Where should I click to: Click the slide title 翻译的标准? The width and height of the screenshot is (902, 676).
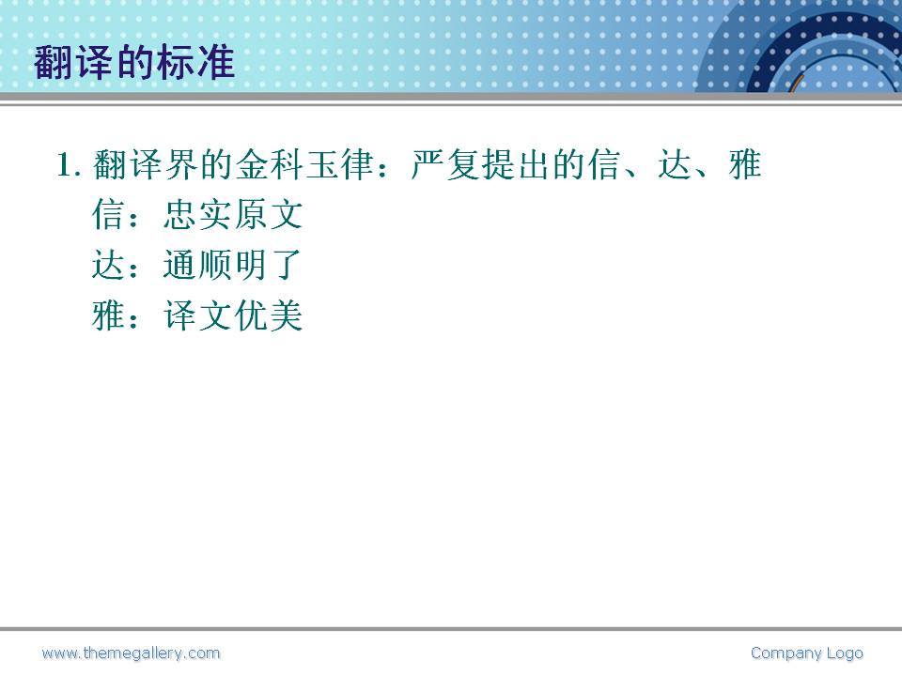click(x=134, y=62)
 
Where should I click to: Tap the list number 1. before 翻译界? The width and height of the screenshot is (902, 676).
click(x=69, y=165)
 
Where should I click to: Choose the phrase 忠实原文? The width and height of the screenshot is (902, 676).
click(x=233, y=215)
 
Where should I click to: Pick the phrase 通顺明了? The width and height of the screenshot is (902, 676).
click(x=233, y=265)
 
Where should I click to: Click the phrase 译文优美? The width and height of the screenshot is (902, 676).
click(x=233, y=315)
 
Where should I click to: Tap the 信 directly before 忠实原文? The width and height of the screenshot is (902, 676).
click(x=108, y=215)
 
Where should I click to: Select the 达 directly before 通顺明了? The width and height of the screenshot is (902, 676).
click(x=108, y=265)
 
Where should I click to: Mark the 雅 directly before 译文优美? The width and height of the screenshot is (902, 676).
click(x=108, y=315)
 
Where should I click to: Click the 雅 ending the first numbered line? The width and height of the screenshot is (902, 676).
click(x=745, y=165)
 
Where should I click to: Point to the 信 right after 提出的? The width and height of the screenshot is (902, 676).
click(x=603, y=165)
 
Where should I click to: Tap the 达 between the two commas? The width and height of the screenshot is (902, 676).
click(x=675, y=165)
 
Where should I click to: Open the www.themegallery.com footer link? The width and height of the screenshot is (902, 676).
click(x=132, y=653)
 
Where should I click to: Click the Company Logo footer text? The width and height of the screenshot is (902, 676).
click(x=807, y=653)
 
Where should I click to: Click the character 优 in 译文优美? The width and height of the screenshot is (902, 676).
click(x=250, y=315)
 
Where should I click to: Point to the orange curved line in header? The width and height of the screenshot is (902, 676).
click(x=796, y=83)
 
